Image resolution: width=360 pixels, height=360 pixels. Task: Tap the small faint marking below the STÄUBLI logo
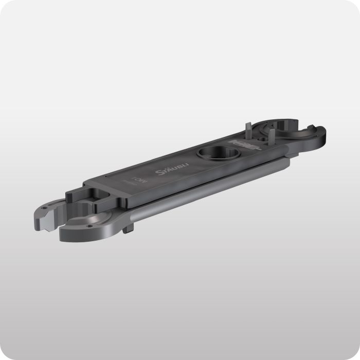click(136, 181)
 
